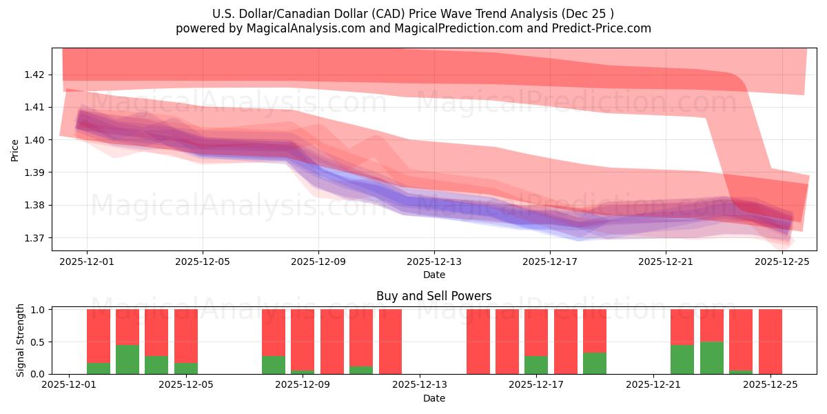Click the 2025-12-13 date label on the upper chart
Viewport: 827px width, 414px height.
coord(433,262)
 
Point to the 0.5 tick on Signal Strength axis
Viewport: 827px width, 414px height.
coord(39,342)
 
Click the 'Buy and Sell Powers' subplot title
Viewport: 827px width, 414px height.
coord(433,296)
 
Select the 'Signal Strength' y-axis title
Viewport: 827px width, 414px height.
coord(21,340)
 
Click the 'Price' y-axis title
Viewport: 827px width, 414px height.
coord(15,150)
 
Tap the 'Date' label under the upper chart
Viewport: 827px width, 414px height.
coord(433,275)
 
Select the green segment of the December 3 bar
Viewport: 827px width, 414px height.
coord(127,359)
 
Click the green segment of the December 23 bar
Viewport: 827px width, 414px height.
coord(711,357)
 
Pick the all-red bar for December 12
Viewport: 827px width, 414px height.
coord(390,342)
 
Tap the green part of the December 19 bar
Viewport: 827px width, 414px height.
coord(595,363)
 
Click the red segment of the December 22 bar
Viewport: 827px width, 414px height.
coord(682,326)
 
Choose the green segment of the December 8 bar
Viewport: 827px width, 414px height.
coord(274,364)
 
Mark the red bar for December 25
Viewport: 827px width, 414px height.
coord(770,342)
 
